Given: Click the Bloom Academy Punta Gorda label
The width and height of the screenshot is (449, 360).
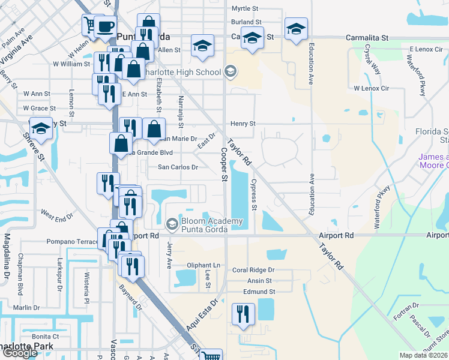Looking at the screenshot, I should (211, 224).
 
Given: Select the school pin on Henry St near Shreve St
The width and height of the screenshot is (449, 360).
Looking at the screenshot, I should (41, 129).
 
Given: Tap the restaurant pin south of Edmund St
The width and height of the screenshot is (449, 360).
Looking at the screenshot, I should (243, 314).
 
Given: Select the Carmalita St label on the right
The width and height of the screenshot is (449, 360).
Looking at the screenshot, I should (367, 38).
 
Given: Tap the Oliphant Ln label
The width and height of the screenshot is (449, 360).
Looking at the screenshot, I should (203, 265).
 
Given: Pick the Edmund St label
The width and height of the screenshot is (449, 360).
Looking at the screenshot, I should (259, 292).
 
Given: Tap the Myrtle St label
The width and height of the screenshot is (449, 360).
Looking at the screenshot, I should (245, 9).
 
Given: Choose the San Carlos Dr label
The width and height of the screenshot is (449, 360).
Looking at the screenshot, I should (178, 167).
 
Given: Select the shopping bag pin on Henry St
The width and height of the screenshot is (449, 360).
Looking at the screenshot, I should (154, 128).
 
